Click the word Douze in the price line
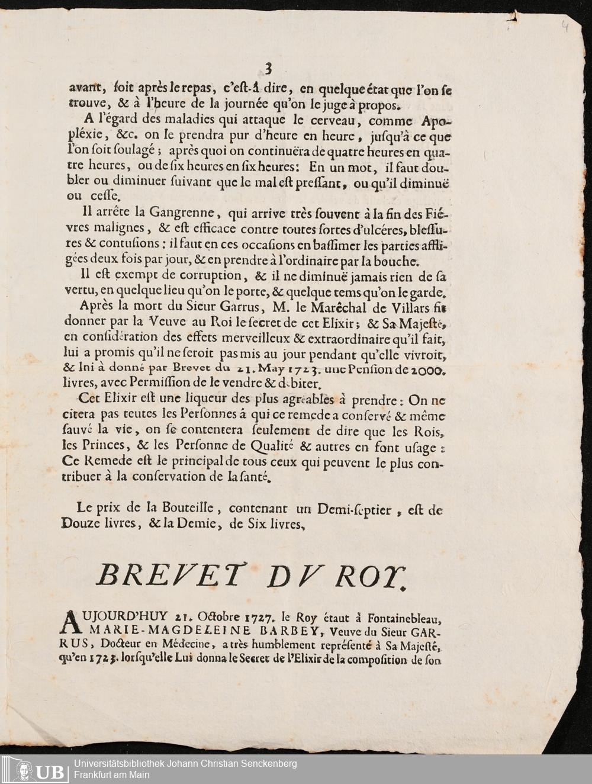point(81,523)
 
